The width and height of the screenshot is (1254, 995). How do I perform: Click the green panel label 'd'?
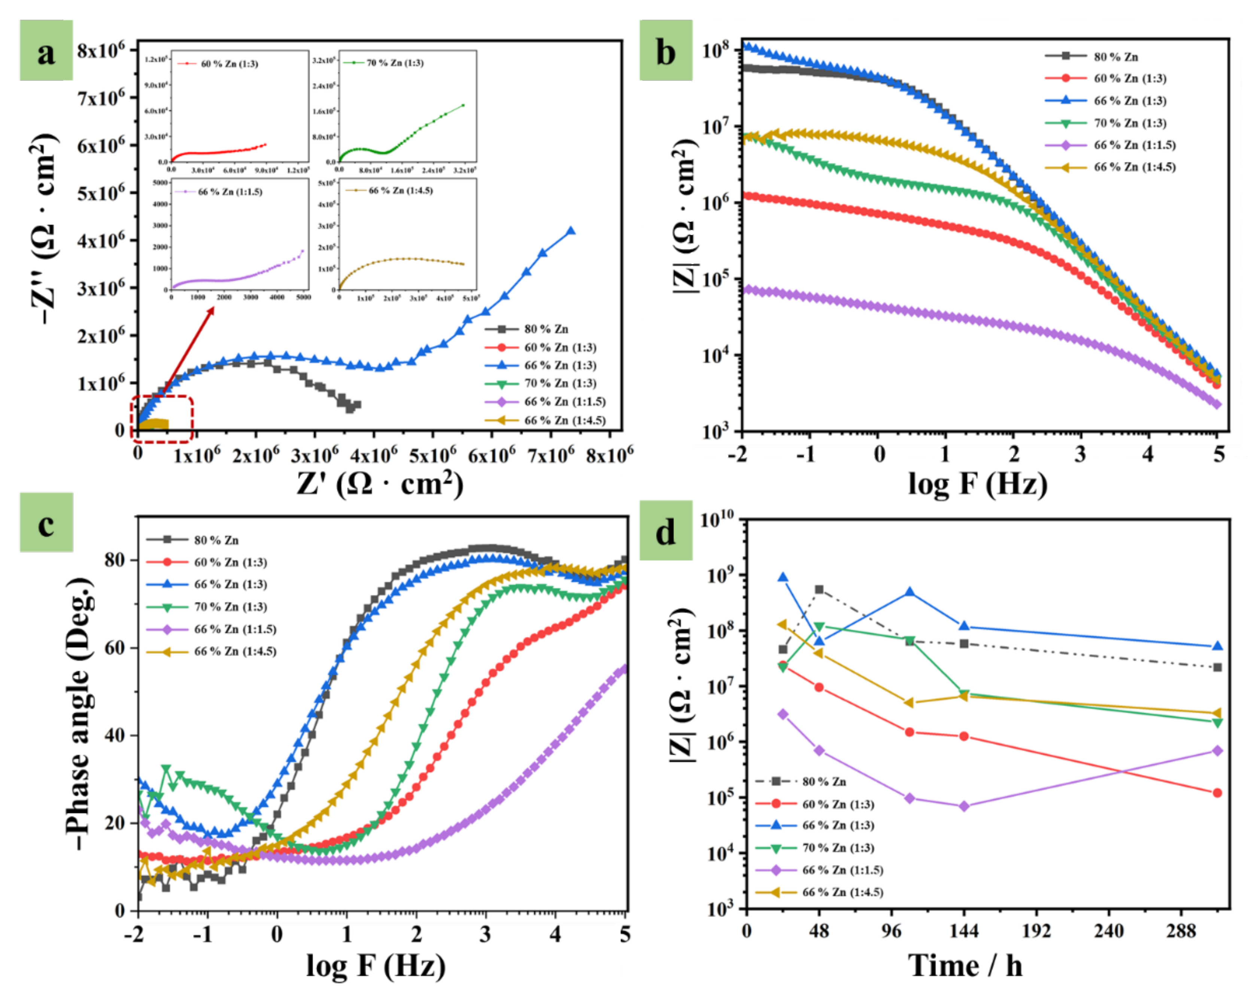(665, 530)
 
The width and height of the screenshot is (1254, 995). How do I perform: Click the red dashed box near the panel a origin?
(162, 419)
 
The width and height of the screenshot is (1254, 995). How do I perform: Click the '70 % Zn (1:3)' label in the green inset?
(395, 63)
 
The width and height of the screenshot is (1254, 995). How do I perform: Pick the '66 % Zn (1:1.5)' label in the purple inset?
(230, 191)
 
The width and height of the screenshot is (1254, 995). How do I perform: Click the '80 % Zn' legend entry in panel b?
(1115, 57)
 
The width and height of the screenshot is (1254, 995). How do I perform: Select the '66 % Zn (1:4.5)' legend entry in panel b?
(1134, 167)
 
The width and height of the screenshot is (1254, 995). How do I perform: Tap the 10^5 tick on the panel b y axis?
(719, 280)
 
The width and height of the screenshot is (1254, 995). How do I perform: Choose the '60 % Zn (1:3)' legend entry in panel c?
(230, 562)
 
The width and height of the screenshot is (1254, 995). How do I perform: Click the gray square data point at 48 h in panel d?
(820, 589)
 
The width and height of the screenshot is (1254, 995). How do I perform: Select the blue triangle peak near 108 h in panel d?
(910, 592)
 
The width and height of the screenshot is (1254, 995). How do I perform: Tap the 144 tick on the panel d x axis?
(964, 931)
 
